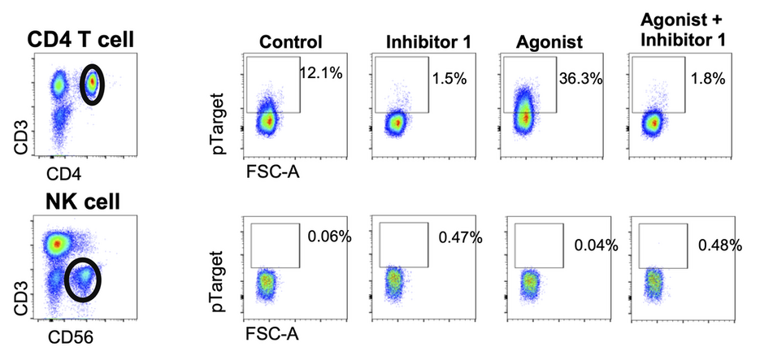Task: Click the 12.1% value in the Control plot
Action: pos(321,73)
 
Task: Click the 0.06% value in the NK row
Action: pos(329,237)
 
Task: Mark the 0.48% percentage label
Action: pos(721,244)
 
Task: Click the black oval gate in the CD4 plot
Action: pos(93,84)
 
